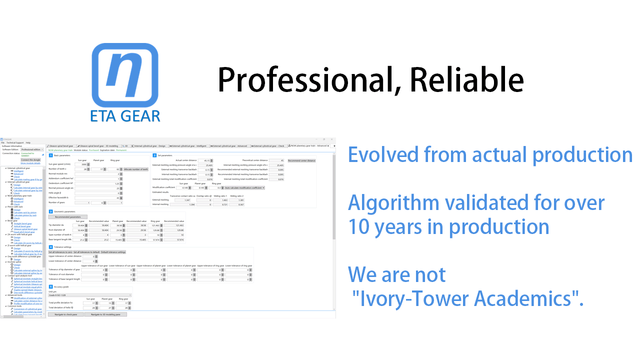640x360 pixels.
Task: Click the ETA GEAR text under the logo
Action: (125, 116)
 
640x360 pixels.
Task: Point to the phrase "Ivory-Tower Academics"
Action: (467, 298)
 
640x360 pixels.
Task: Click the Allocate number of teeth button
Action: (136, 169)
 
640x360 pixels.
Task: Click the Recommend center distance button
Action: (301, 160)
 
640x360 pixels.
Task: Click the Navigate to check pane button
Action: (66, 314)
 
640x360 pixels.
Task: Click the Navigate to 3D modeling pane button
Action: (105, 314)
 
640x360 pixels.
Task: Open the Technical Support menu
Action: (14, 142)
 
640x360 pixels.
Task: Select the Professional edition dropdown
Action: (32, 149)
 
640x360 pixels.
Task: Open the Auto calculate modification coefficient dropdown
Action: (244, 187)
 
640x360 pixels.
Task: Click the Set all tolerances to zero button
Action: (60, 252)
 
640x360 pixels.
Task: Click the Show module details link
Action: (30, 163)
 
